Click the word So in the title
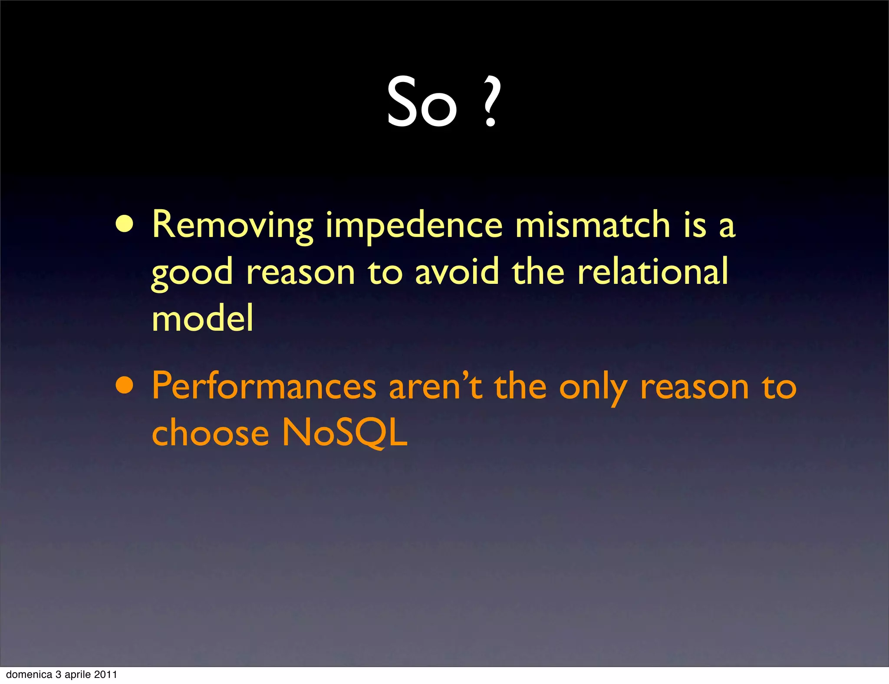pos(421,102)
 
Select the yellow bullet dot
pos(125,224)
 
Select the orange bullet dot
pos(125,385)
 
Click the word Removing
pos(232,225)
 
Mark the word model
pos(202,318)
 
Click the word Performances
pos(264,386)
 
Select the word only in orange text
pos(593,388)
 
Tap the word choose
pos(211,433)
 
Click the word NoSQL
pos(345,433)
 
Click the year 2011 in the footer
pos(105,674)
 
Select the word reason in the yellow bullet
pos(300,272)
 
